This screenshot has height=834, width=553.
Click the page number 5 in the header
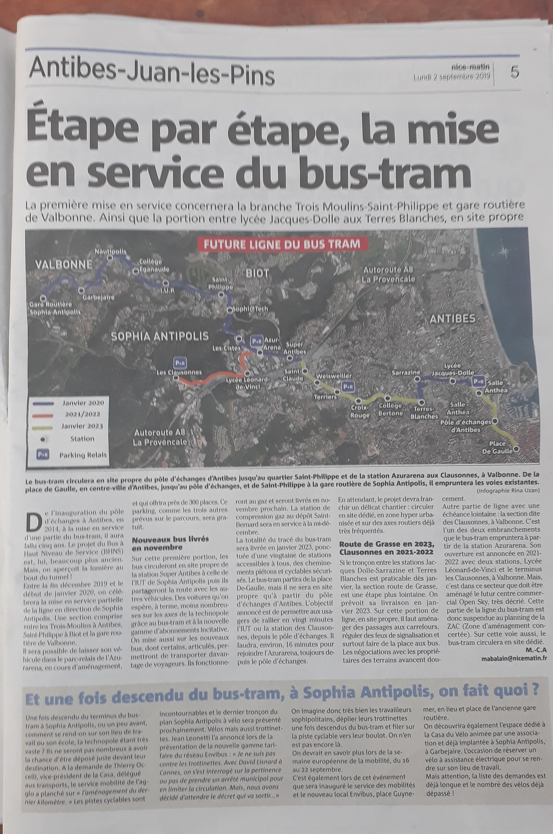click(x=515, y=72)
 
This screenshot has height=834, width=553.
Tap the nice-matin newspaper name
click(x=470, y=67)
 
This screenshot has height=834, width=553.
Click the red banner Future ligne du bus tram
click(x=282, y=244)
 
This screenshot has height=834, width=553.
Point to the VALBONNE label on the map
click(x=64, y=265)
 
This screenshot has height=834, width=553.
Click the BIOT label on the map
click(x=257, y=273)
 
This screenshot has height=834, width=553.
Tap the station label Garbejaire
click(x=98, y=297)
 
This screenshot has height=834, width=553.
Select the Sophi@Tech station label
click(x=250, y=309)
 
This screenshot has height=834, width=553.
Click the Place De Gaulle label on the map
click(x=497, y=448)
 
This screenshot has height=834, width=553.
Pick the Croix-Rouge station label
click(x=360, y=411)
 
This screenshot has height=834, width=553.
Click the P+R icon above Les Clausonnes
click(x=180, y=362)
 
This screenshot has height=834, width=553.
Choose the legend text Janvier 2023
click(x=82, y=426)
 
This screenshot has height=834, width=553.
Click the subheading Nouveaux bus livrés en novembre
click(x=170, y=543)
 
